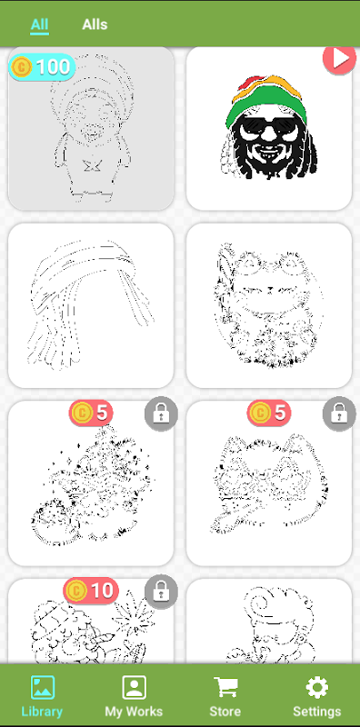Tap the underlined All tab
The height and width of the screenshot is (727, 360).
click(39, 25)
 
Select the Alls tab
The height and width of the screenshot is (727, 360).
click(95, 25)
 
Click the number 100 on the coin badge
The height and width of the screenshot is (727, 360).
click(54, 67)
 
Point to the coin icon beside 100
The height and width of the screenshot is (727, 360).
click(20, 67)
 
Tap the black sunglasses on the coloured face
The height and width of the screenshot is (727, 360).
click(269, 126)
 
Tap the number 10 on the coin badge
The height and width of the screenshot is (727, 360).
click(102, 590)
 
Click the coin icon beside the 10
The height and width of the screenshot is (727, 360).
click(75, 591)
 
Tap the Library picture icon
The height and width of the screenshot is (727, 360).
click(42, 687)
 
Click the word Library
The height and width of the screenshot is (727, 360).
click(42, 712)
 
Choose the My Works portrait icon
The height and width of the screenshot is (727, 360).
click(134, 687)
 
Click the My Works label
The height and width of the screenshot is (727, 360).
click(134, 712)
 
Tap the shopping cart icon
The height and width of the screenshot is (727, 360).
click(225, 687)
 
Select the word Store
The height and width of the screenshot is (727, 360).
click(225, 712)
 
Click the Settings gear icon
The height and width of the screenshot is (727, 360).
click(317, 687)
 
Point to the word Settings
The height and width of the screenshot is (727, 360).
click(317, 712)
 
